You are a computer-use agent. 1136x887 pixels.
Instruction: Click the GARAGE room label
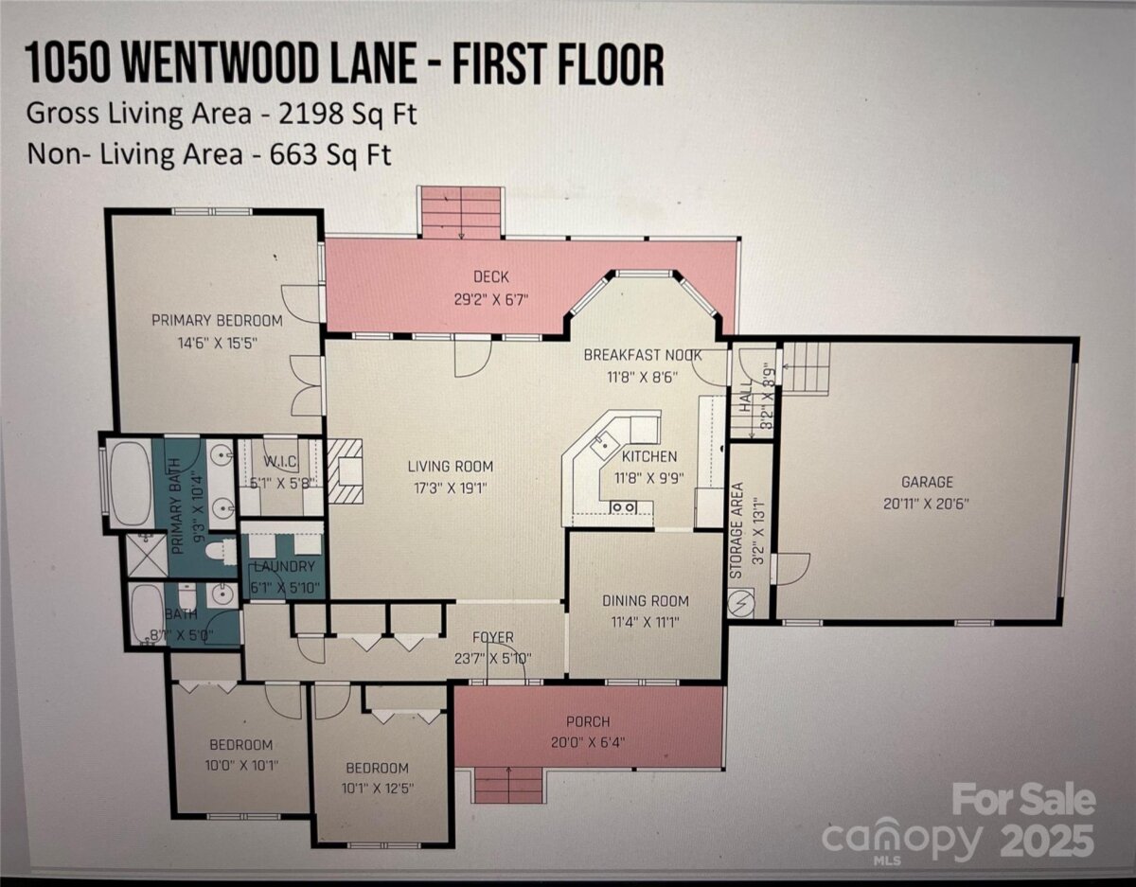927,482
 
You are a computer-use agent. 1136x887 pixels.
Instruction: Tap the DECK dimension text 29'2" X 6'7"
491,300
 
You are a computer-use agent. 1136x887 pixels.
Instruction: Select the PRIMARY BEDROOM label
217,320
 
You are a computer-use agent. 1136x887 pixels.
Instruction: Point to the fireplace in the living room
345,471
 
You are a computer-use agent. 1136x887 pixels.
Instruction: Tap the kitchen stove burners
624,507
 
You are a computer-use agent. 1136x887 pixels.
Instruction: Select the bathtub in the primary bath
130,484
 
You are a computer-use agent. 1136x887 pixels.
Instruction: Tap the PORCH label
588,722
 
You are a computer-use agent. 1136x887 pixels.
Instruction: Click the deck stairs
461,213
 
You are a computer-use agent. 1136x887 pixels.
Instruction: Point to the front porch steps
509,786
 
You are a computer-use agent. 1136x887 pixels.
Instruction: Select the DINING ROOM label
646,601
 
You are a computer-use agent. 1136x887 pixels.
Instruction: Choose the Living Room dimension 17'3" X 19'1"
451,488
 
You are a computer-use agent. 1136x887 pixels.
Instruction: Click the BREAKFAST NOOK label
643,355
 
